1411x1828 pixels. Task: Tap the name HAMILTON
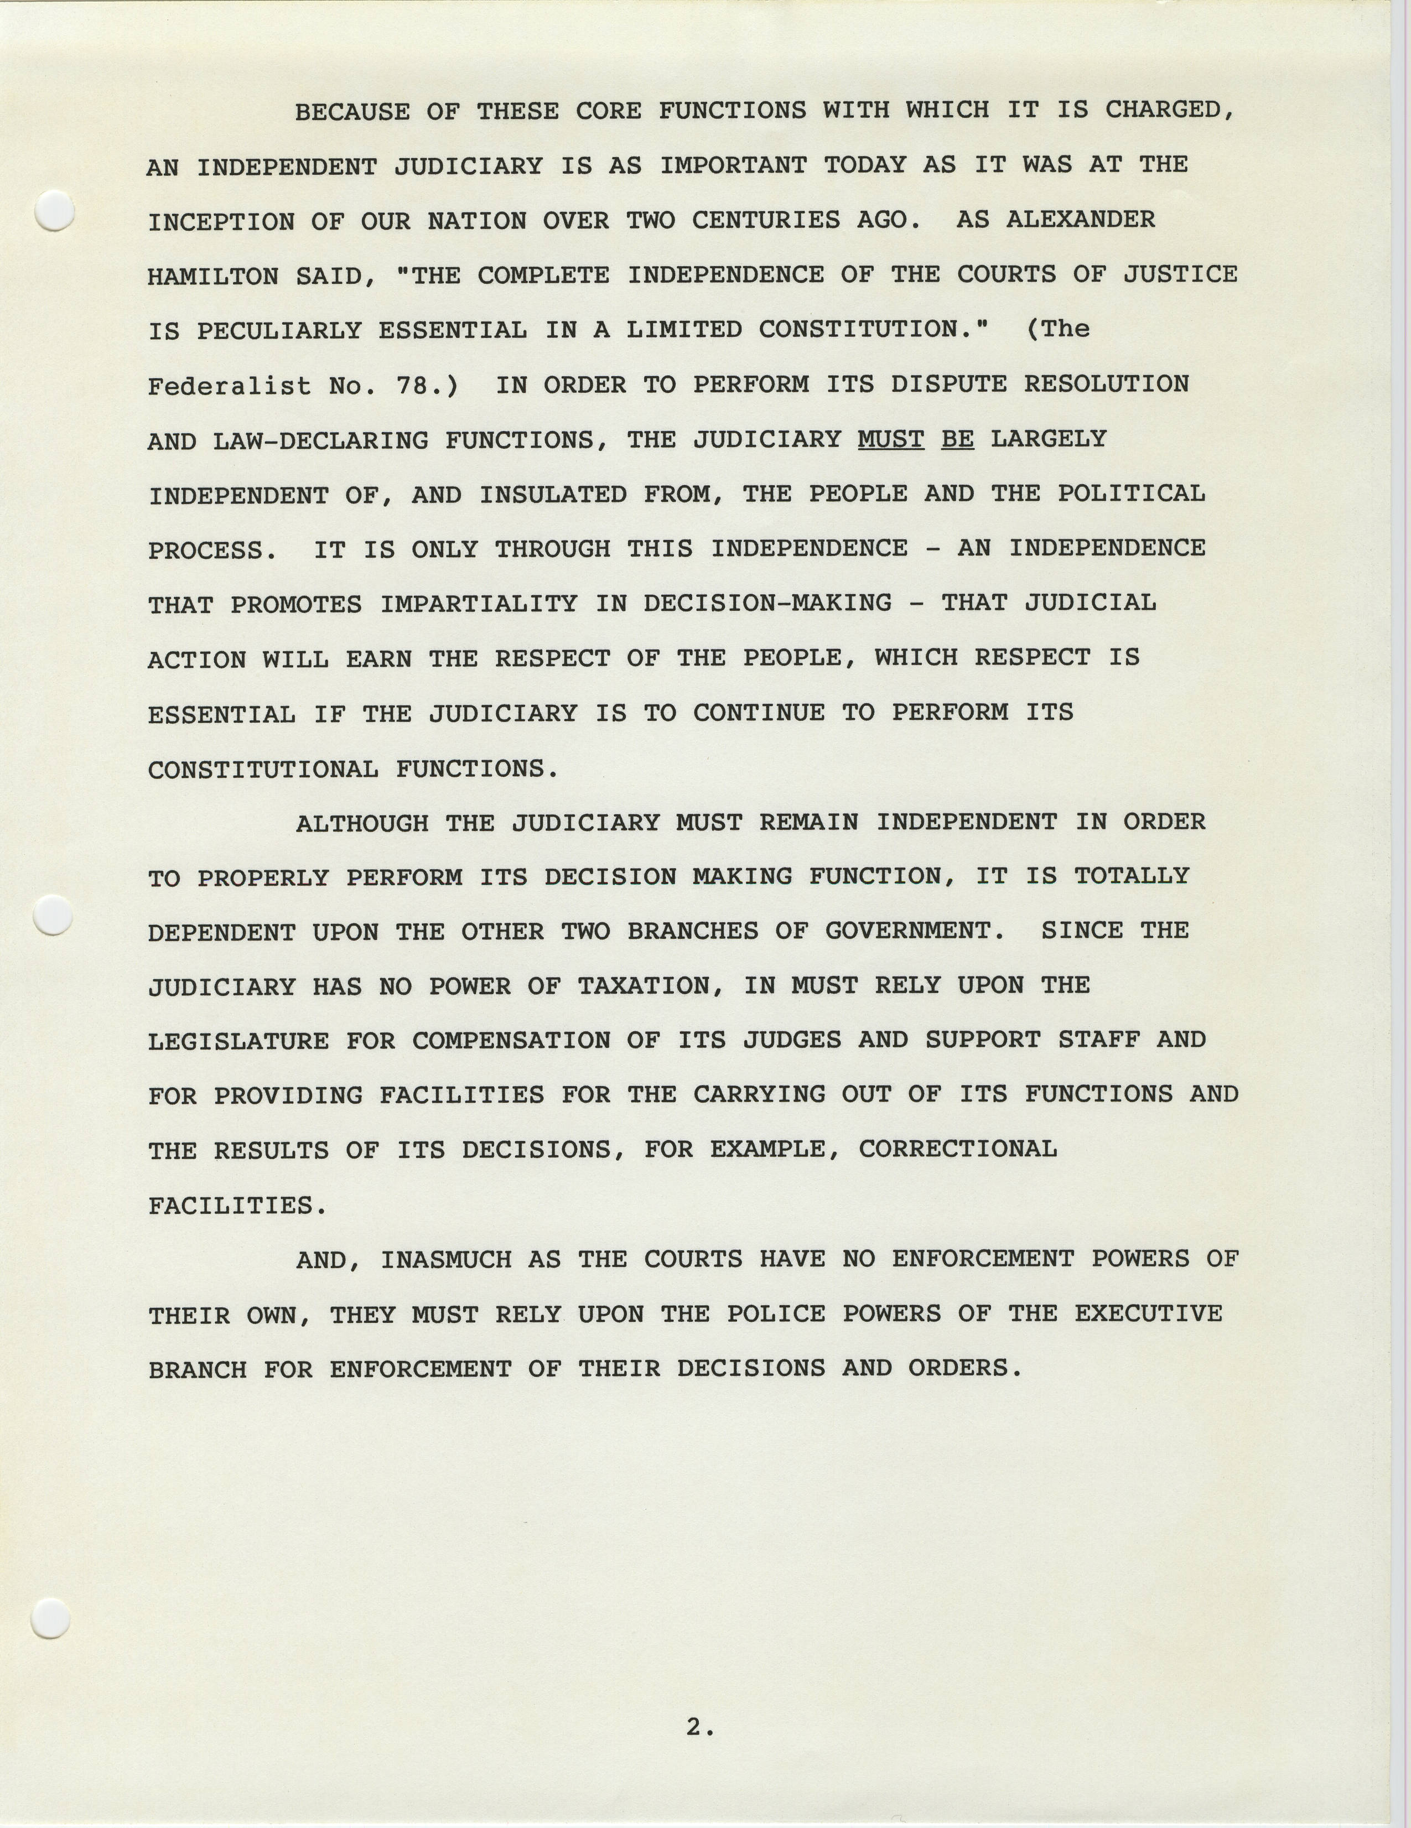coord(212,276)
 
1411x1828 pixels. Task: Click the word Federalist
coord(229,385)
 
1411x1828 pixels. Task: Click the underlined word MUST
coord(890,439)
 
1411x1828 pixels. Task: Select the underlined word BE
coord(957,439)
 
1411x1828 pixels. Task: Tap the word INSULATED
coord(552,494)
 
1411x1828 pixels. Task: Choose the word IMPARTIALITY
coord(479,604)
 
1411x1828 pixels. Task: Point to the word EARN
coord(378,659)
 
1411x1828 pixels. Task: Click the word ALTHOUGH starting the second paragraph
coord(361,823)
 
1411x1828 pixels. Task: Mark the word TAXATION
coord(650,986)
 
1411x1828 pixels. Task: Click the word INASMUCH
coord(445,1259)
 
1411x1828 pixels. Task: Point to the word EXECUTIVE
coord(1148,1313)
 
